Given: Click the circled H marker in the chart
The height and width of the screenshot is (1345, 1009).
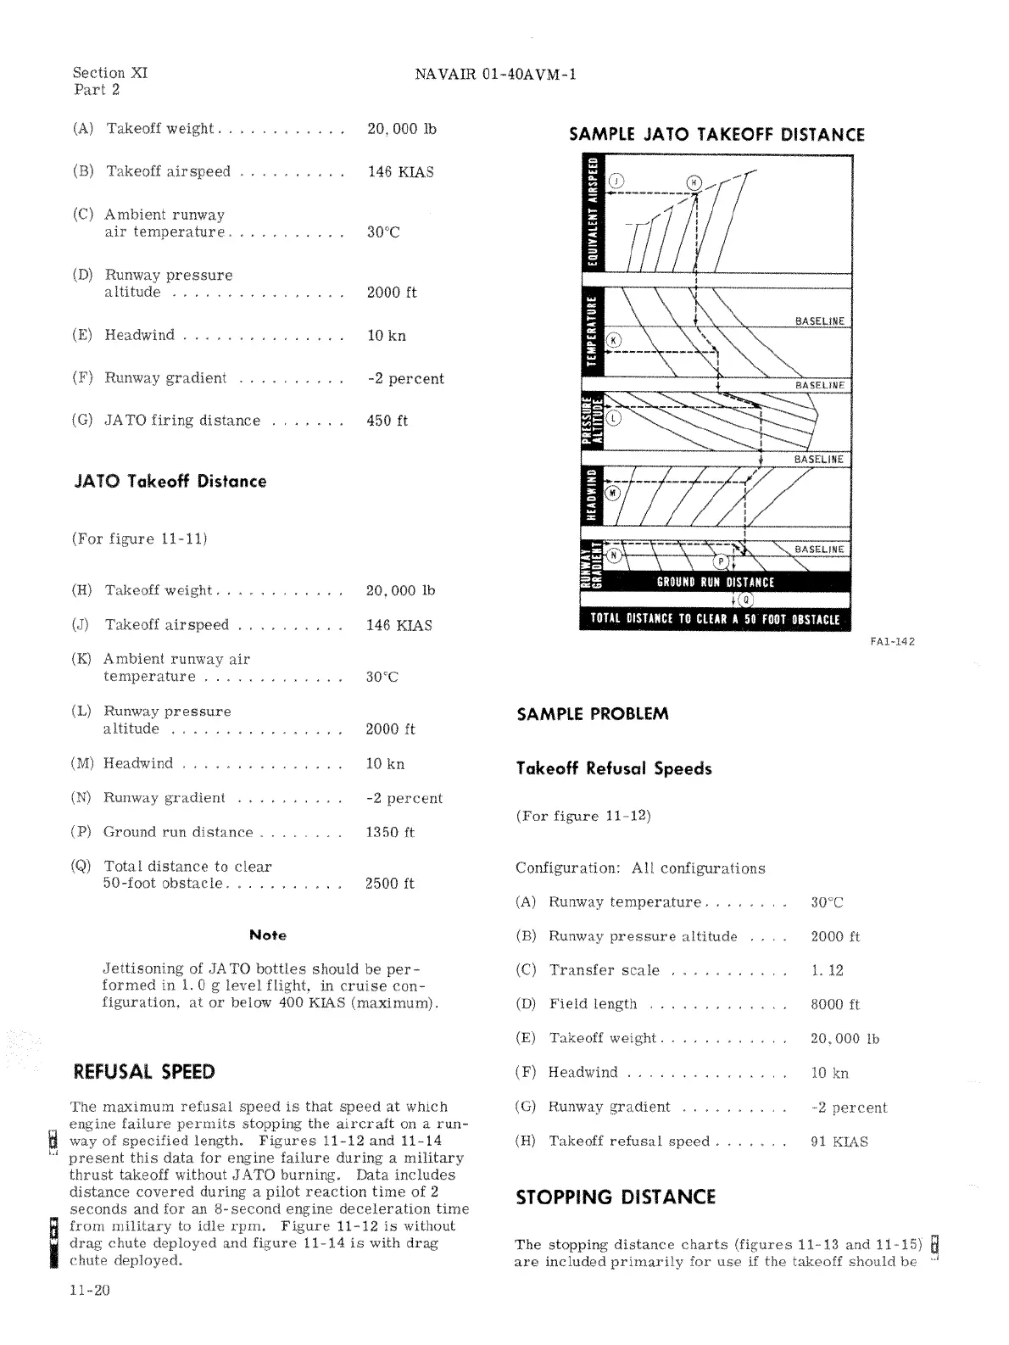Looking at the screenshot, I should click(x=694, y=181).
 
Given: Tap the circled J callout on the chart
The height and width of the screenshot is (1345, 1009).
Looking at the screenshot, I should click(x=616, y=181).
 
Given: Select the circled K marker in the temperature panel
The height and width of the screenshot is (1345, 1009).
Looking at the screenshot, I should click(x=615, y=341).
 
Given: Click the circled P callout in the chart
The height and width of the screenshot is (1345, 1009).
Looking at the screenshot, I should click(x=722, y=561).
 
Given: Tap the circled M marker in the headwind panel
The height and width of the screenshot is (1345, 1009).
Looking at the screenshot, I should click(x=614, y=492).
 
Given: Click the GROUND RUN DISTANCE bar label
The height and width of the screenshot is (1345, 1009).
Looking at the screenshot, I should click(x=715, y=582).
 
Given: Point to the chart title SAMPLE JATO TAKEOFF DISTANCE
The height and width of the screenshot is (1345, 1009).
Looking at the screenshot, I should click(x=716, y=135).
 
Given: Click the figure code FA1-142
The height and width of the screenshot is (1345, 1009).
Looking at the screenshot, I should click(x=892, y=641).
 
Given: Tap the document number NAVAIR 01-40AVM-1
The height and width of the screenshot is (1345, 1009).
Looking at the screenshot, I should click(x=495, y=74).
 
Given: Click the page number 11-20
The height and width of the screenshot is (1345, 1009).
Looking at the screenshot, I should click(x=90, y=1291).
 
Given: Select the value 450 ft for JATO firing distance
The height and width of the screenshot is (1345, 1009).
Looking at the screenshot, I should click(x=387, y=421).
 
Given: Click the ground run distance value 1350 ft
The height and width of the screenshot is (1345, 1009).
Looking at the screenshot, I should click(x=390, y=832).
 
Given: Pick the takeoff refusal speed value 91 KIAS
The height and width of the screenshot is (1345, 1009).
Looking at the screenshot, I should click(x=839, y=1141).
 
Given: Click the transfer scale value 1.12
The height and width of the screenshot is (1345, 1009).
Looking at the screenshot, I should click(x=827, y=970).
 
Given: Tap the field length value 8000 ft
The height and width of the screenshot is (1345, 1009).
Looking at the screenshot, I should click(x=835, y=1004).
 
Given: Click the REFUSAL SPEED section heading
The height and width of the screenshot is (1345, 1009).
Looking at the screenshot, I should click(x=144, y=1071).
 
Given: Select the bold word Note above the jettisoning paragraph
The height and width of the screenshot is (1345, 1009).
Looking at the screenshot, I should click(x=268, y=935).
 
